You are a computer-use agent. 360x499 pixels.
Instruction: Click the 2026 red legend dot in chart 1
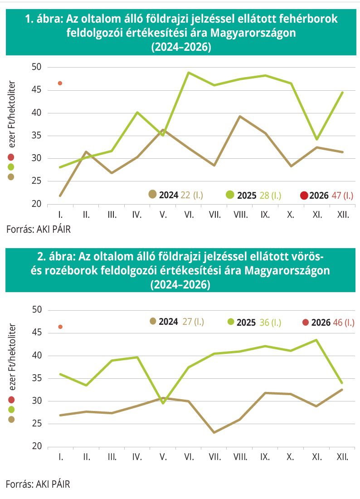pos(304,195)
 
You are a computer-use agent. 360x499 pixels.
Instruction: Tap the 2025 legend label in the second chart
pos(247,323)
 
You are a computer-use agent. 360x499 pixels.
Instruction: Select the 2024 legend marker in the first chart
pos(153,195)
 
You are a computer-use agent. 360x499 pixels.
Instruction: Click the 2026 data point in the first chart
pos(60,83)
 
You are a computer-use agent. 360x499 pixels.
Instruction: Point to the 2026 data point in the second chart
pos(60,327)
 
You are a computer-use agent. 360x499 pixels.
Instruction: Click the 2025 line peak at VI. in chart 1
pos(189,73)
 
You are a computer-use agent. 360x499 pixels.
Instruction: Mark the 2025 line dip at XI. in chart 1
pos(316,139)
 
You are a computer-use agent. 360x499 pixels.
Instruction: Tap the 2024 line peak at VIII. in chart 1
pos(240,117)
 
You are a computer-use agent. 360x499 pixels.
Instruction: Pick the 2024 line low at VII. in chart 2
pos(214,432)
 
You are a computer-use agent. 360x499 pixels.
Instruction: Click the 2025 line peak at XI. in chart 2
pos(316,340)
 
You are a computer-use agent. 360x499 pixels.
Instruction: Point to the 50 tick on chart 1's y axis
pos(36,67)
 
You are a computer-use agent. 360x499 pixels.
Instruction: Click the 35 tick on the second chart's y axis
pos(36,378)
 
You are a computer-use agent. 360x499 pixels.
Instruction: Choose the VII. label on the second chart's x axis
pos(214,457)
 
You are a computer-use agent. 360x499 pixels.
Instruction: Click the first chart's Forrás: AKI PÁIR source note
pos(39,230)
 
